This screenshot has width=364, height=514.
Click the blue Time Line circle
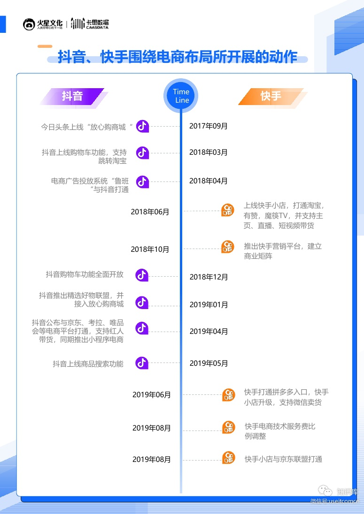(x=181, y=96)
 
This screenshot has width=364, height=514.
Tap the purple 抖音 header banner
(x=72, y=97)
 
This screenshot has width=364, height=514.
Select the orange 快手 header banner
(x=271, y=97)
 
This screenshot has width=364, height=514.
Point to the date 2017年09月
(x=209, y=126)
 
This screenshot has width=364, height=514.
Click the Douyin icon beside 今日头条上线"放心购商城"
(x=142, y=126)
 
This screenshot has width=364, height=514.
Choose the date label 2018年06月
(x=150, y=212)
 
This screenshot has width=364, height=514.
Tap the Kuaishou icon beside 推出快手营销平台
(x=227, y=247)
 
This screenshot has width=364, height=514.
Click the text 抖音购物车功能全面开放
(x=85, y=274)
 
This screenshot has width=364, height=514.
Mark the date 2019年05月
(x=209, y=363)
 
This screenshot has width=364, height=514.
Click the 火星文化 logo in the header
(x=43, y=24)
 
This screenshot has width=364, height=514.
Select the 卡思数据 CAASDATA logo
(x=90, y=23)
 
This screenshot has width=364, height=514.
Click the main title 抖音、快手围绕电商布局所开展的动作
(x=178, y=57)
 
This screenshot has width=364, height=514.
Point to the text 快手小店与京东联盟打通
(x=283, y=459)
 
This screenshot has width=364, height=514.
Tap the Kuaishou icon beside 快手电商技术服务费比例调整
(x=228, y=427)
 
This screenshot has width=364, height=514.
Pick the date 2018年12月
(x=209, y=277)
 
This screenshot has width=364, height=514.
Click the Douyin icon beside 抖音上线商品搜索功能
(x=142, y=363)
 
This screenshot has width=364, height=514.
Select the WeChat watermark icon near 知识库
(x=325, y=491)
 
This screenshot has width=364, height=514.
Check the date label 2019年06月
(x=152, y=395)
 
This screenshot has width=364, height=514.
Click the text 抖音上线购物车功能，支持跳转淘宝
(x=84, y=157)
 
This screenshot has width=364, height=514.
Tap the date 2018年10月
(x=150, y=249)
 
